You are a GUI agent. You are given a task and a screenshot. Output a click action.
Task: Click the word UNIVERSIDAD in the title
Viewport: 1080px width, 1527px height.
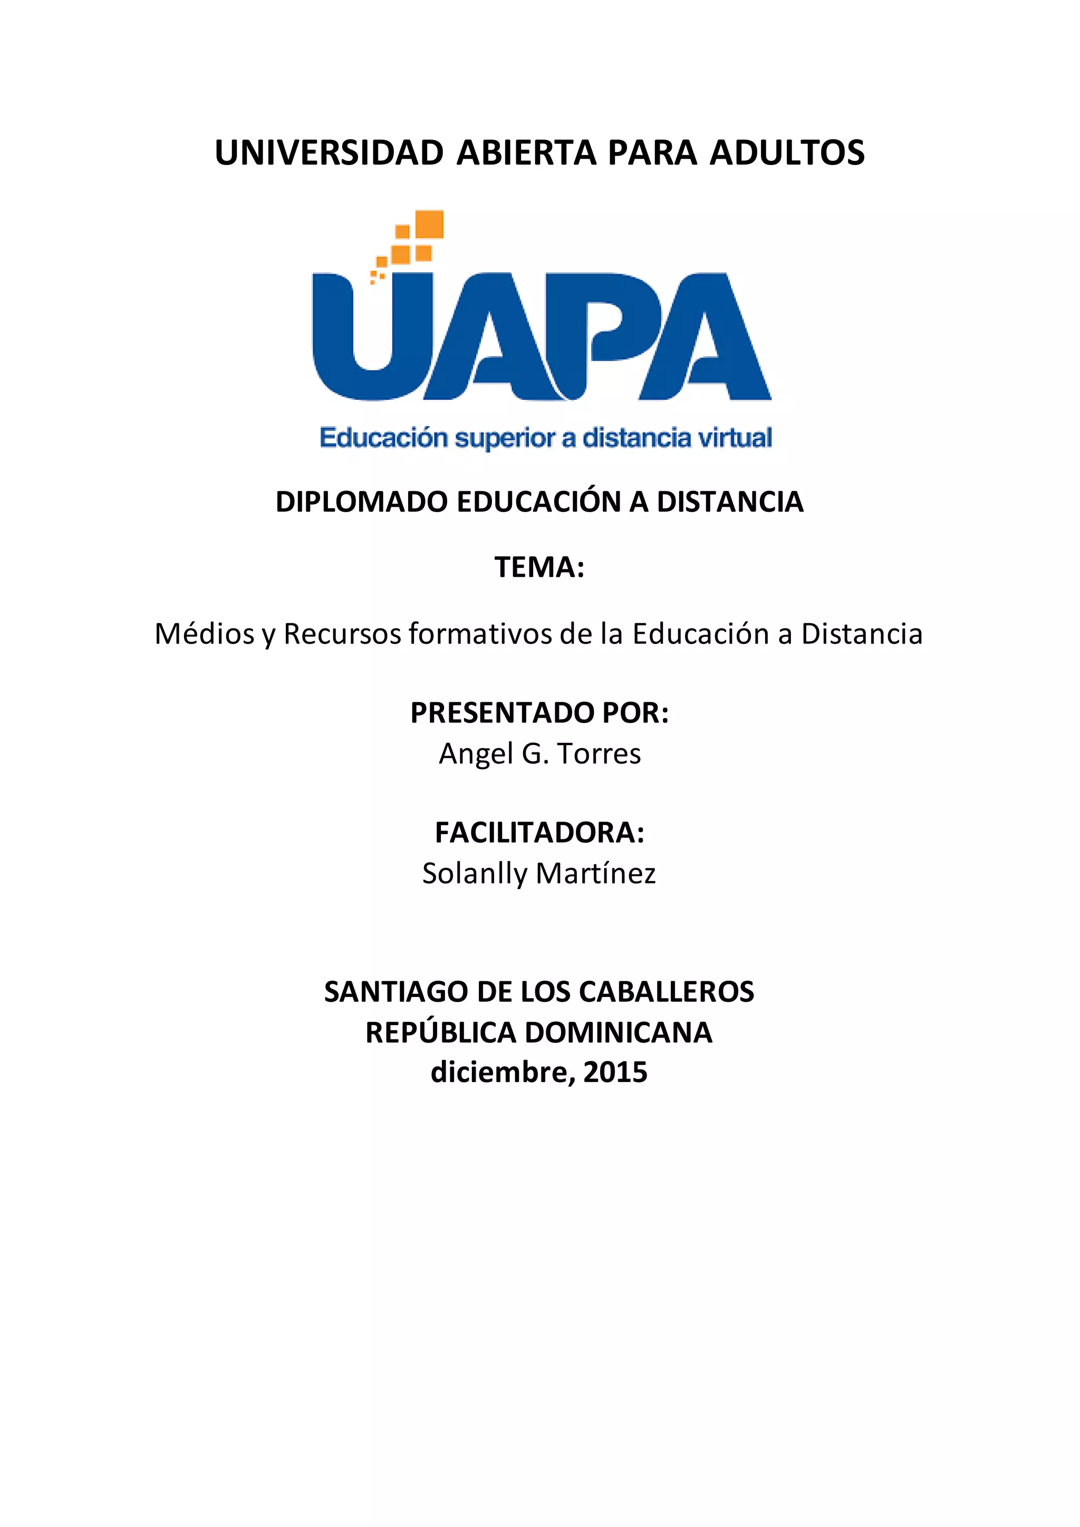click(x=329, y=153)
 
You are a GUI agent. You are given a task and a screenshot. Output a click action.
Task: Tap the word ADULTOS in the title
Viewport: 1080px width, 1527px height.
click(x=787, y=153)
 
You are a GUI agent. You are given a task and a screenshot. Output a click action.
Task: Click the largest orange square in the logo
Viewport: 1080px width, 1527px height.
click(x=429, y=224)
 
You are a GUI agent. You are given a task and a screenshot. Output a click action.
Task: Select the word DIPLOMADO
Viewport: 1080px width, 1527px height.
click(x=362, y=502)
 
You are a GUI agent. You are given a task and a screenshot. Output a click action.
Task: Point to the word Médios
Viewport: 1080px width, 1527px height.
click(x=205, y=634)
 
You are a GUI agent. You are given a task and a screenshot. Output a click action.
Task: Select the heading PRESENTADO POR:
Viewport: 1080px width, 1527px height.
click(x=539, y=713)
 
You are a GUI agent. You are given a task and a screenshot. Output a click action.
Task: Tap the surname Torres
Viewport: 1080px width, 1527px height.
click(x=599, y=753)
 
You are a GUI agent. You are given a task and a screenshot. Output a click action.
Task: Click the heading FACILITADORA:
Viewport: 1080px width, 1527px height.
click(x=539, y=833)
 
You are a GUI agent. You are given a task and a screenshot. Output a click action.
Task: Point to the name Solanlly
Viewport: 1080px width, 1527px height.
click(x=474, y=873)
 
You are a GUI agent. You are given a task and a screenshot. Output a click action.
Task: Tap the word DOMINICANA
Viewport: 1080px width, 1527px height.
click(x=619, y=1033)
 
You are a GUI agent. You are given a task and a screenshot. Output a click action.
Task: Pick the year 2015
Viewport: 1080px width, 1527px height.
click(x=615, y=1072)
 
